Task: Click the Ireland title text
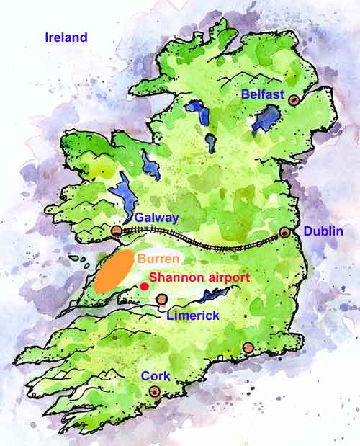point(66,37)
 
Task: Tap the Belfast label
point(263,94)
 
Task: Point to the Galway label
point(156,218)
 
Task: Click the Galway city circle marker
point(117,231)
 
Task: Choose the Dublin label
point(323,231)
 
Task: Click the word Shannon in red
point(172,277)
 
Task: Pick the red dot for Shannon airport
point(144,287)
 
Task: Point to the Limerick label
point(192,316)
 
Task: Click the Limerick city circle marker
point(161,298)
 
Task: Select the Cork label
point(155,376)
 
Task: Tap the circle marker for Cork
point(154,392)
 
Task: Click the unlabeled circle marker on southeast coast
point(248,348)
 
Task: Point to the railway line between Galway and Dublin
point(202,235)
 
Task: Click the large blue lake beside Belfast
point(267,117)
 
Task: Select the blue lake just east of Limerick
point(212,295)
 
